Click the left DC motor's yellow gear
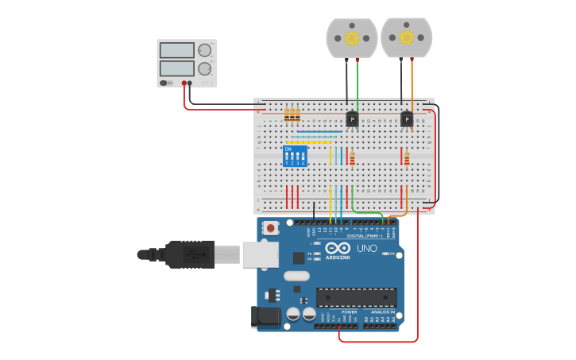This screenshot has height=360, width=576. point(351,37)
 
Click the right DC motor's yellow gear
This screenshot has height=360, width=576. point(406,37)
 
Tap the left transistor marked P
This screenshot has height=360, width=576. point(352,119)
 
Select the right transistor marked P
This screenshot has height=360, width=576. point(407,119)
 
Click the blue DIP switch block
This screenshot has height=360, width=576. point(295,156)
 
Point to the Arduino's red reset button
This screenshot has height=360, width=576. point(271,228)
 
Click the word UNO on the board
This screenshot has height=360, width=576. point(366,249)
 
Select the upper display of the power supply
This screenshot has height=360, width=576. point(176,51)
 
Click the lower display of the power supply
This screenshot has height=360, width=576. point(176,68)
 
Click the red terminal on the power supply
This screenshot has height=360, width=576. point(184,83)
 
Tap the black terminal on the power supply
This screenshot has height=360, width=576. point(190,83)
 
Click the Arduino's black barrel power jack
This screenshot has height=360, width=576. point(266,317)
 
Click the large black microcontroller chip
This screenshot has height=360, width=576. point(356,297)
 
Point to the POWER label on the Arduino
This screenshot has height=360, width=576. point(349,312)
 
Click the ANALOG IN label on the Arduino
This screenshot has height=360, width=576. point(382,312)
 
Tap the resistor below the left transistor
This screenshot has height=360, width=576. point(352,159)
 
